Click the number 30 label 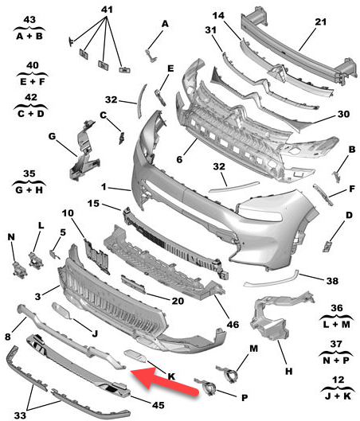[343, 115]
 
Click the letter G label [52, 137]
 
